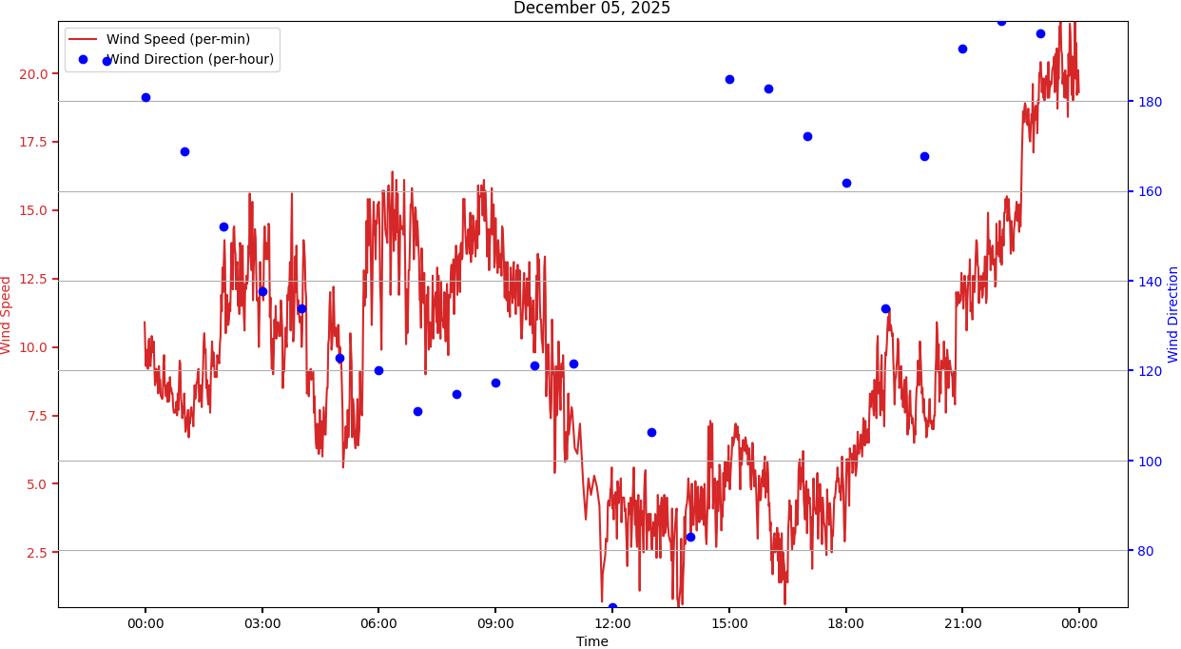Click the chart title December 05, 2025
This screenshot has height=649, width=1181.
(591, 9)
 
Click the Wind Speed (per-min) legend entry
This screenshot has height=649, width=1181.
(178, 40)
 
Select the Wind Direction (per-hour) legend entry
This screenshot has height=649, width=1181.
(191, 60)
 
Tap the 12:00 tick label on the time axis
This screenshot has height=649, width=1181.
(612, 624)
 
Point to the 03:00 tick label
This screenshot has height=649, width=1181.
(262, 624)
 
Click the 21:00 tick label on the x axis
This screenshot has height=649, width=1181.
(962, 624)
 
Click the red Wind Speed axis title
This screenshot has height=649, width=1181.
(7, 315)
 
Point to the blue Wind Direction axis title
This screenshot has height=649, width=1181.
(1173, 314)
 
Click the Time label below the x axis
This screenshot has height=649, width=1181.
(591, 642)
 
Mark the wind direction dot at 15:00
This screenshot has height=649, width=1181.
(729, 79)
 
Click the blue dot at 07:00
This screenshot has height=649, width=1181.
(417, 411)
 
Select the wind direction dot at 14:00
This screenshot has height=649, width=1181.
(690, 537)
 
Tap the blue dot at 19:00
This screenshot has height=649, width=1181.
(885, 308)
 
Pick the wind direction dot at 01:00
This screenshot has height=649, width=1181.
(184, 151)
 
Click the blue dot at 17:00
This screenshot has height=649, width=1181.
(807, 136)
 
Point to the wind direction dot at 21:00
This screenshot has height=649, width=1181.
(962, 49)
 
